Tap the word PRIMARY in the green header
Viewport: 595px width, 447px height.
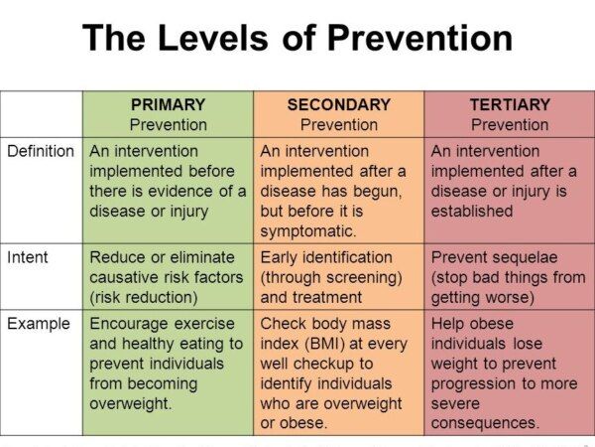[169, 104]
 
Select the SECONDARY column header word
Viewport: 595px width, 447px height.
[339, 104]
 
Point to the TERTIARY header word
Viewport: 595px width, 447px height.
[510, 104]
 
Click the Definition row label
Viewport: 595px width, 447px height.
[41, 151]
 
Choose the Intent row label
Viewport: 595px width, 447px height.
[28, 257]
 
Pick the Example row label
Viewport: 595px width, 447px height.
[39, 324]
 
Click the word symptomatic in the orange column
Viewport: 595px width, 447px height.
[308, 231]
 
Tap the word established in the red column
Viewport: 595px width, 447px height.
[472, 211]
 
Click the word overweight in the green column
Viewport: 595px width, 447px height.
[131, 403]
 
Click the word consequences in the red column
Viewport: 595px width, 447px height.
[485, 423]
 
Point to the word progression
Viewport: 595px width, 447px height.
[474, 383]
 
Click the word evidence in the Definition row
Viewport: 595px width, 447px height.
[180, 191]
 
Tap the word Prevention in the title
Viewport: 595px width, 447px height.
[419, 38]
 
